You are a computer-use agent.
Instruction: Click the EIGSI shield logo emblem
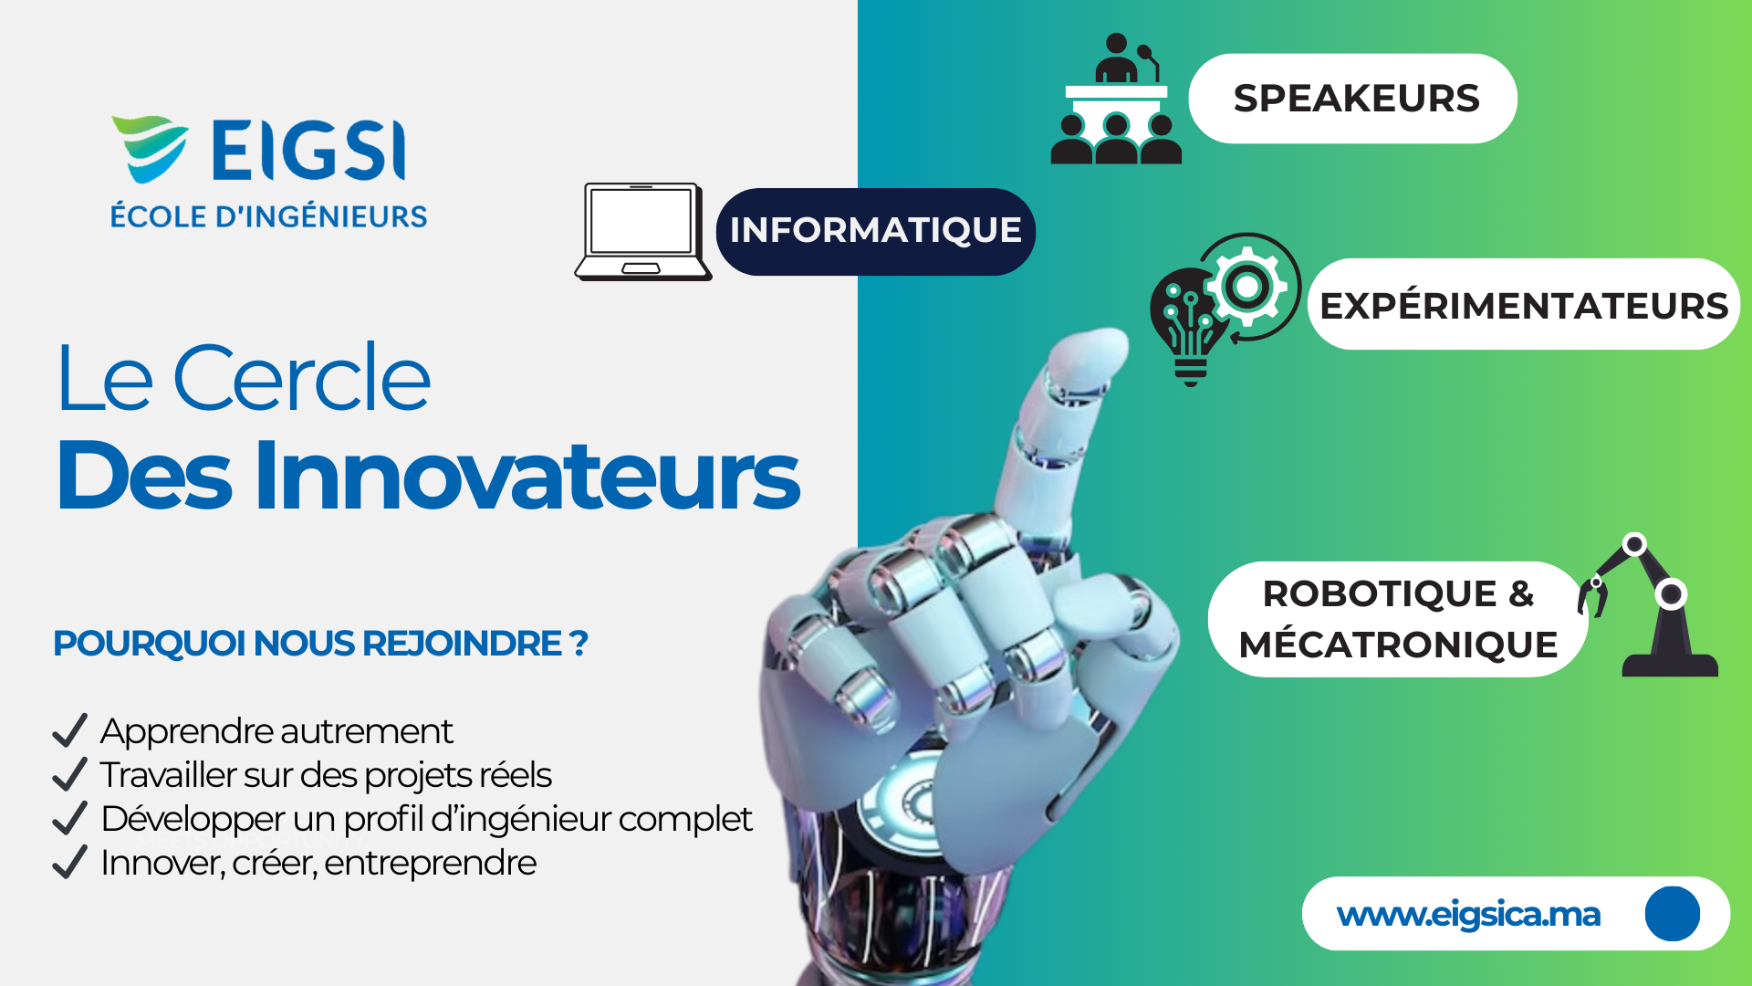tap(149, 148)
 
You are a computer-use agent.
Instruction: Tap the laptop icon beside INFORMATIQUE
tap(642, 232)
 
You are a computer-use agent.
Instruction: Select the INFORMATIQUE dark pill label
tap(875, 231)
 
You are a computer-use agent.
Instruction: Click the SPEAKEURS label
tap(1355, 99)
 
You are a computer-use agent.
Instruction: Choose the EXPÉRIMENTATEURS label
tap(1523, 305)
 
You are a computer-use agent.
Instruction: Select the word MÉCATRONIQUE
tap(1398, 645)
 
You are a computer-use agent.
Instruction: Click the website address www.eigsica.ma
tap(1468, 914)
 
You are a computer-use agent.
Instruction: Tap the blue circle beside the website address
tap(1672, 914)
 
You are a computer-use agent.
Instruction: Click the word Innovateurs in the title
tap(527, 475)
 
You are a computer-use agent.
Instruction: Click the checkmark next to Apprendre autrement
tap(69, 730)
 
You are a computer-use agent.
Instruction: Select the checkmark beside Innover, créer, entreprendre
tap(69, 862)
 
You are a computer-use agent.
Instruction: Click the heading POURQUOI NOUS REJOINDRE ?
tap(320, 644)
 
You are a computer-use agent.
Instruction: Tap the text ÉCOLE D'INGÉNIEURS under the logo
tap(268, 216)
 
